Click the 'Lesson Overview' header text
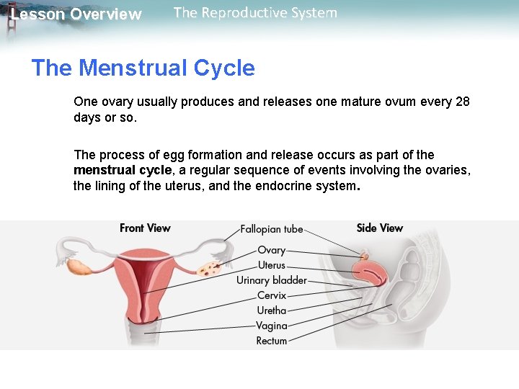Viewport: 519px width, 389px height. pyautogui.click(x=76, y=14)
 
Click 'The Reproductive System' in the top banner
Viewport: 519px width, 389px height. pyautogui.click(x=255, y=13)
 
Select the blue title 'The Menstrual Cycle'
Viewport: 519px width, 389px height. pyautogui.click(x=143, y=68)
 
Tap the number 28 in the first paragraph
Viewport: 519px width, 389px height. pyautogui.click(x=462, y=102)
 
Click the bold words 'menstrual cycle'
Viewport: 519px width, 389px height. pyautogui.click(x=123, y=170)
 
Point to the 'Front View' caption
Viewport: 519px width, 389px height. pyautogui.click(x=145, y=228)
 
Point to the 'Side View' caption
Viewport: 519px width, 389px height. pyautogui.click(x=380, y=228)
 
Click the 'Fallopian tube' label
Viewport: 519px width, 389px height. pyautogui.click(x=271, y=230)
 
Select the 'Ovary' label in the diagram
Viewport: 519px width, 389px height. pyautogui.click(x=272, y=251)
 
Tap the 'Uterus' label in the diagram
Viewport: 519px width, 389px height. pyautogui.click(x=272, y=265)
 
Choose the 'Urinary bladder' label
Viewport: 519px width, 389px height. pyautogui.click(x=272, y=280)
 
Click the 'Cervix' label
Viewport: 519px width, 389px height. pyautogui.click(x=272, y=295)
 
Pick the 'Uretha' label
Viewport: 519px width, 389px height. pyautogui.click(x=272, y=310)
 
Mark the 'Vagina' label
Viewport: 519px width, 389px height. pyautogui.click(x=272, y=326)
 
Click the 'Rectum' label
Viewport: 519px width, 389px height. pyautogui.click(x=272, y=341)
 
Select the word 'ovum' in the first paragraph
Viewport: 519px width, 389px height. pyautogui.click(x=390, y=102)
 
